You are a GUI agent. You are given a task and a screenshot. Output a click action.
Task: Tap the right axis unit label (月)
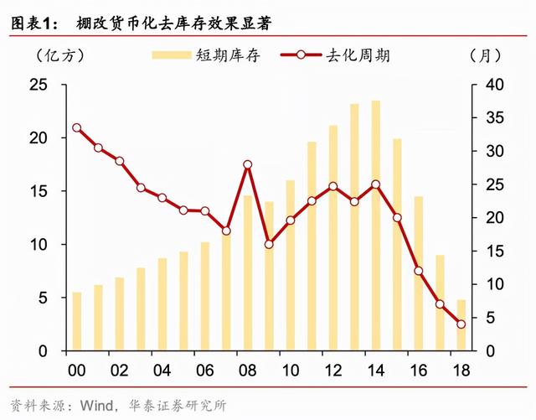pos(485,56)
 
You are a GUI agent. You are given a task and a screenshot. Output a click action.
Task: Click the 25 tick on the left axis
pos(39,85)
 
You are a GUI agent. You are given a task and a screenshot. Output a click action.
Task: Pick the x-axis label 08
pos(247,370)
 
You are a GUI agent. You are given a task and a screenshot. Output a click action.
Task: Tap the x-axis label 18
pos(461,370)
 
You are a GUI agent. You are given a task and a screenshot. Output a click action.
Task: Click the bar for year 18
pos(461,324)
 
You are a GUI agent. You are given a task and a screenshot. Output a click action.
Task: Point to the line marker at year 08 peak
pos(247,164)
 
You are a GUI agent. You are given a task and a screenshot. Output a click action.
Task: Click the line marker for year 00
pos(76,128)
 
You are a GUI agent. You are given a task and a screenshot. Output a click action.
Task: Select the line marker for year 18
pos(461,324)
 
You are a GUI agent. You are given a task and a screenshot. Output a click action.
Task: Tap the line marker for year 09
pos(269,244)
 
